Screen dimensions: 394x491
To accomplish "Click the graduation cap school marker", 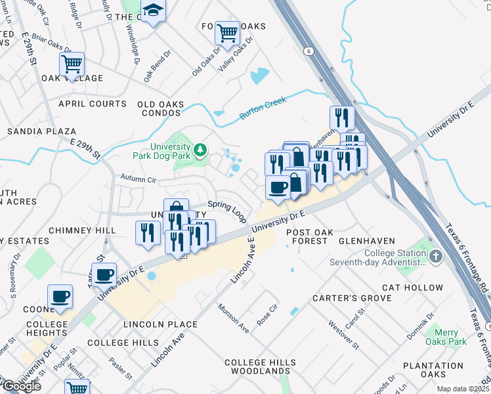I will click(154, 11).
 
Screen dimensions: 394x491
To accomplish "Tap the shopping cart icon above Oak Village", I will click(72, 64).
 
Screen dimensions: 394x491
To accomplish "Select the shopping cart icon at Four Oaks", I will click(226, 32).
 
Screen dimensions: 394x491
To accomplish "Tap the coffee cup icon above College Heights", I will click(60, 296).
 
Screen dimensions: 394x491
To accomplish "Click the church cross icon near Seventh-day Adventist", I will click(435, 254).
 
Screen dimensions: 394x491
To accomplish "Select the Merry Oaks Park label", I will click(446, 337).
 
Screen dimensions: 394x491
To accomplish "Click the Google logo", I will click(21, 386).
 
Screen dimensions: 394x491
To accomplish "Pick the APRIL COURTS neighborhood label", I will click(93, 104).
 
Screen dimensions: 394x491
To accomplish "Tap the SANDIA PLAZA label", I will click(41, 131).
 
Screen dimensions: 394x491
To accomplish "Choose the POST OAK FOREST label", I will click(307, 236).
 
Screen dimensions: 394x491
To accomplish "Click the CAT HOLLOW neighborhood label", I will click(413, 288).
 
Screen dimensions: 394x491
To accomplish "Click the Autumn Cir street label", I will click(139, 178).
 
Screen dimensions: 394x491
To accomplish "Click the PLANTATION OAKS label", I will click(433, 370).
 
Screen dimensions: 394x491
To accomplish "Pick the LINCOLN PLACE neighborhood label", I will click(160, 324).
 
